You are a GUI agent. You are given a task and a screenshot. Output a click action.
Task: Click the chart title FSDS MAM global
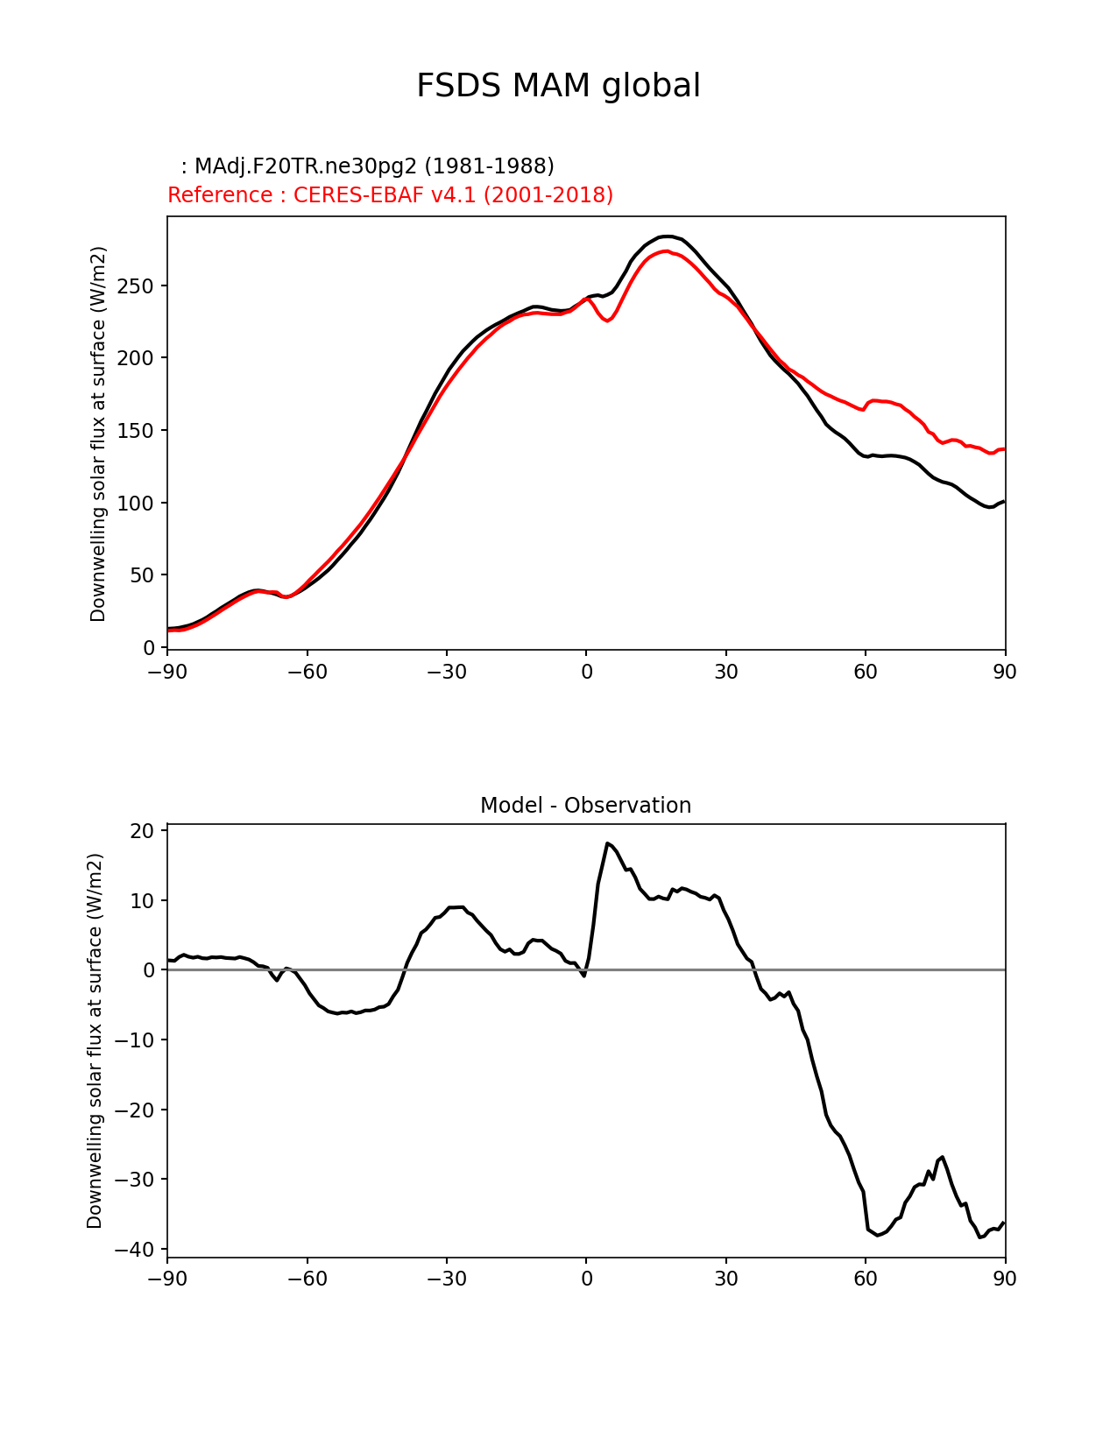tap(558, 86)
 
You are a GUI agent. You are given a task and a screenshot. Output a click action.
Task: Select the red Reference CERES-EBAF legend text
tap(390, 194)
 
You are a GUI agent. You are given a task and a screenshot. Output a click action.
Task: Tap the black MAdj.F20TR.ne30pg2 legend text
tap(367, 166)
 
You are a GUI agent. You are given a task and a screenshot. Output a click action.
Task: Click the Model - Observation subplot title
tap(585, 806)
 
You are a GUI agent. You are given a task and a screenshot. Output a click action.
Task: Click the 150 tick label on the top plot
tap(135, 430)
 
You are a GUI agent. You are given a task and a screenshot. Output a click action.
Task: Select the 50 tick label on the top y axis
tap(142, 575)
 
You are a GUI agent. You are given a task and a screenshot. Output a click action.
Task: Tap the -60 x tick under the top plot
tap(308, 672)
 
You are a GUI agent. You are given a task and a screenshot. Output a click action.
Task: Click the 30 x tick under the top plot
tap(725, 672)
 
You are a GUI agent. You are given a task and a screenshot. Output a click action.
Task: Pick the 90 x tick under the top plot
tap(1005, 672)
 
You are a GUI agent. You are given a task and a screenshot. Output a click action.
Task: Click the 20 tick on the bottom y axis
tap(142, 830)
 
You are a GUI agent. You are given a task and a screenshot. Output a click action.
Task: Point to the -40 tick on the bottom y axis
tap(133, 1250)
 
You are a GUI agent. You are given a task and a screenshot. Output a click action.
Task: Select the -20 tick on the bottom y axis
tap(133, 1110)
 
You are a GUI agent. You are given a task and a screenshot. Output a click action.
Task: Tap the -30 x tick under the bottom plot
tap(447, 1278)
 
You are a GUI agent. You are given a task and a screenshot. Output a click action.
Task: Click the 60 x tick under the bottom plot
tap(866, 1278)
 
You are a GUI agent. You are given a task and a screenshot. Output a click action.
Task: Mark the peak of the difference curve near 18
tap(607, 843)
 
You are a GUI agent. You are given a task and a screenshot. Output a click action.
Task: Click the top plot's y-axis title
tap(98, 434)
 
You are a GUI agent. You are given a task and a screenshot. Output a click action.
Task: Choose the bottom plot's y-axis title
tap(95, 1040)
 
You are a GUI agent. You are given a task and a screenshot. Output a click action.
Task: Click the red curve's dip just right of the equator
tap(607, 321)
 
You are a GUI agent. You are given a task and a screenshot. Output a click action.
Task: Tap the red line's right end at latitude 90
tap(1005, 449)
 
